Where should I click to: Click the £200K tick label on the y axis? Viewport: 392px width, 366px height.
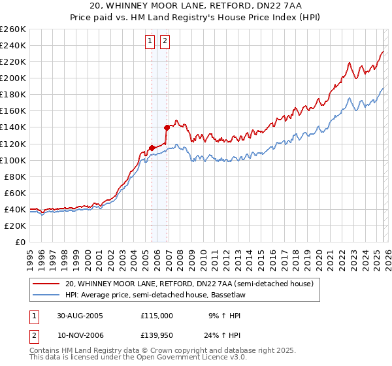coord(12,78)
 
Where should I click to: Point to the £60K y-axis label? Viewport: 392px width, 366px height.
coord(14,193)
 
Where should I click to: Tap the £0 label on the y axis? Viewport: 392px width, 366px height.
coord(21,242)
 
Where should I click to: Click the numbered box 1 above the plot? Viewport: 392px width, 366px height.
coord(150,41)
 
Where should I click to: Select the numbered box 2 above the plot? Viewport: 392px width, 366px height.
coord(165,41)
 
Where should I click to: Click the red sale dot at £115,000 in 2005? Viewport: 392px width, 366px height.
coord(152,148)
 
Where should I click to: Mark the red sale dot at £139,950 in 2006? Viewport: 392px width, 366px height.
coord(167,127)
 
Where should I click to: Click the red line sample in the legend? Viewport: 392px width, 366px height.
coord(46,284)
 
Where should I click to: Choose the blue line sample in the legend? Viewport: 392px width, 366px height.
coord(46,295)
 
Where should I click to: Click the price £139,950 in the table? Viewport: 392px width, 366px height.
coord(157,335)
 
